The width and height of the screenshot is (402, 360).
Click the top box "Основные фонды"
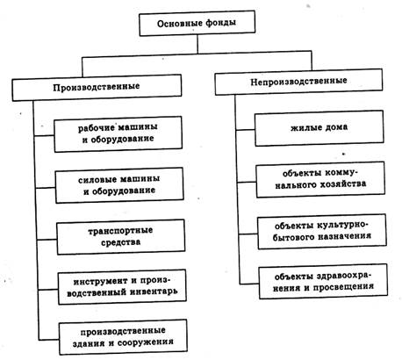point(197,24)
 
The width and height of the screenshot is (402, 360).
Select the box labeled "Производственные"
point(97,88)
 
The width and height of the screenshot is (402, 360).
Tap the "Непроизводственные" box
point(298,82)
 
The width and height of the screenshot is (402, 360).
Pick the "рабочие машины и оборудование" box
point(118,134)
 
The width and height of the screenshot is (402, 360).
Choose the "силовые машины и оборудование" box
point(119,185)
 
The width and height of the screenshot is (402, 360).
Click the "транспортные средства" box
point(121,237)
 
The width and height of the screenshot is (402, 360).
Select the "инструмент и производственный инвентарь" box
point(122,287)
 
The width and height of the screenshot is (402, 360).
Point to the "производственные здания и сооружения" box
point(123,337)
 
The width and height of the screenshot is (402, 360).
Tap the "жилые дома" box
point(319,128)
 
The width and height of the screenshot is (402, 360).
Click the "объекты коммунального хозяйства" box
point(320,179)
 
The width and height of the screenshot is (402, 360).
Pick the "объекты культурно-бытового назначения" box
point(322,232)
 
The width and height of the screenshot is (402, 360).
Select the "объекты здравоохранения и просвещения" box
point(323,281)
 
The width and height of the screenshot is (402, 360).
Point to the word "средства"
point(121,242)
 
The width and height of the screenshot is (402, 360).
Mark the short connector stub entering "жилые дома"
point(245,130)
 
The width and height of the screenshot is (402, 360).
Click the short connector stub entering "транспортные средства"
point(47,240)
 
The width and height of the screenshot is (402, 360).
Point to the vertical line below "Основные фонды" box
point(197,44)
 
